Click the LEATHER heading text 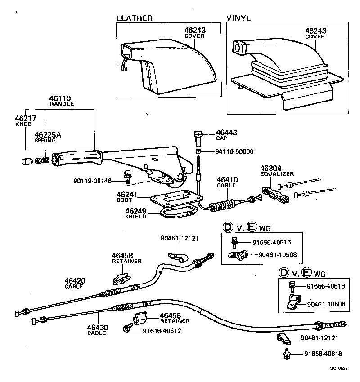(134, 18)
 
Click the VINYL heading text (238, 18)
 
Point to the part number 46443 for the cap (226, 133)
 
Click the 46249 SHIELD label (136, 213)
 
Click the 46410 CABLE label (227, 182)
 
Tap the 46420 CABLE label (74, 283)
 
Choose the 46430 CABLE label (98, 330)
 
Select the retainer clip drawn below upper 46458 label (120, 279)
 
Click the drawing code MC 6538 (338, 368)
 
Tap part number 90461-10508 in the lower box (326, 304)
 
